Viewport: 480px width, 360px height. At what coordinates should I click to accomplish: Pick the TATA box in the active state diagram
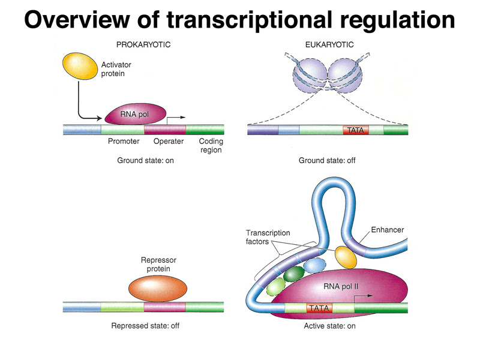coord(318,308)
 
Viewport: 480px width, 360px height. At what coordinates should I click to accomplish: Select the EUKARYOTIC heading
coord(329,44)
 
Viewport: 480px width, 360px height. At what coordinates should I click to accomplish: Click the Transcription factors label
coord(268,238)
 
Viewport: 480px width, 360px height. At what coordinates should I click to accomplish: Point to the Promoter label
coord(124,142)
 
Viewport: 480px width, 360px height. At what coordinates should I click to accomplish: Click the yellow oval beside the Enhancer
coord(346,256)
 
